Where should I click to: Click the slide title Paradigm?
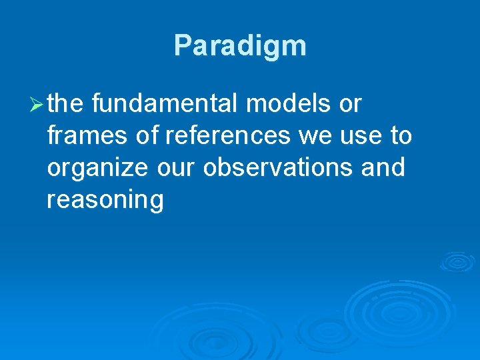pyautogui.click(x=240, y=46)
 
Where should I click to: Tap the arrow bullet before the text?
pyautogui.click(x=37, y=104)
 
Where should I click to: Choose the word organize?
pyautogui.click(x=97, y=168)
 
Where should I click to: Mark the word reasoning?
pyautogui.click(x=105, y=200)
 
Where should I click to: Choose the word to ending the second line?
pyautogui.click(x=401, y=136)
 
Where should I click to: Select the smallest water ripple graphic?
pyautogui.click(x=457, y=261)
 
